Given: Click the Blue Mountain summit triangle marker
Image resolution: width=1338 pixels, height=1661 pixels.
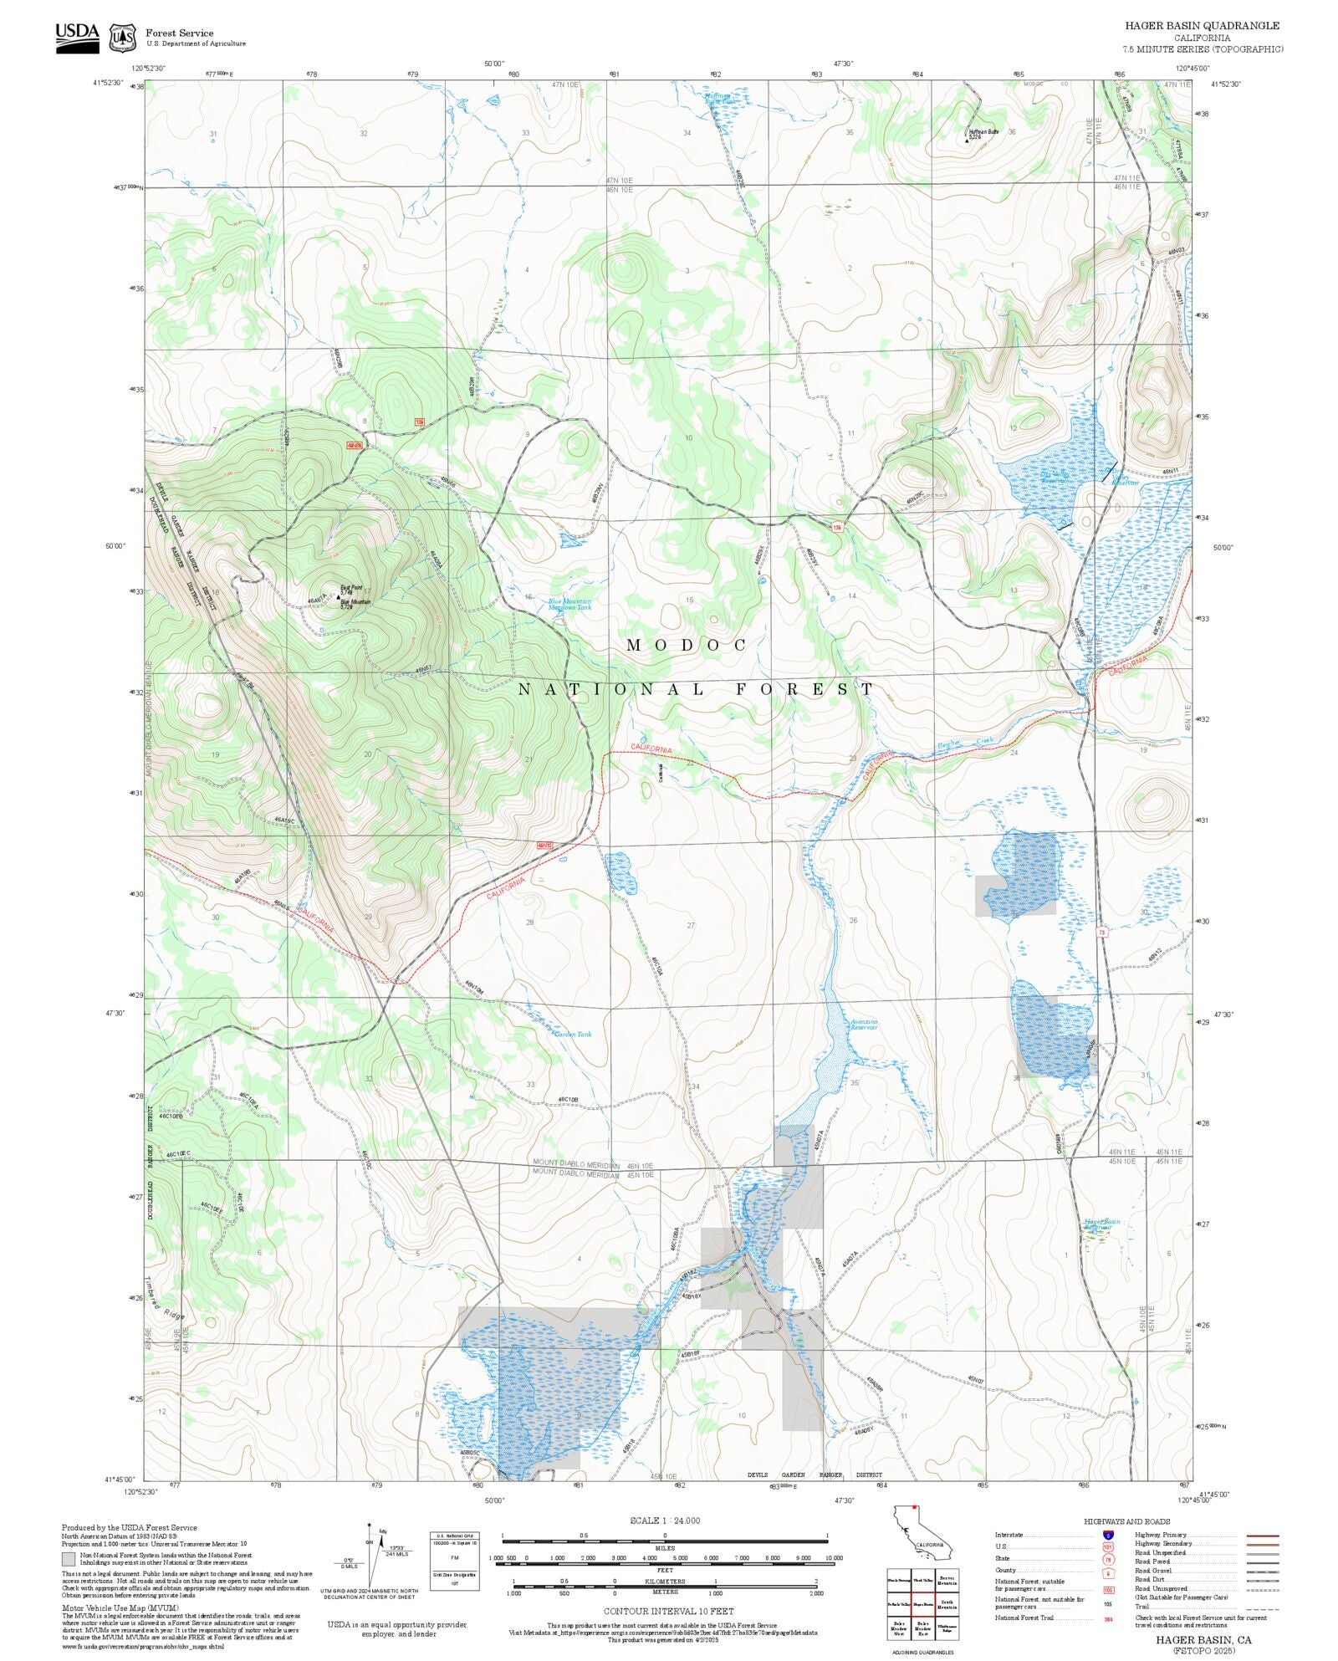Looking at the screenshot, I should [x=339, y=597].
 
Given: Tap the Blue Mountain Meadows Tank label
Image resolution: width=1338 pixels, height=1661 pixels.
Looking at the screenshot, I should [x=569, y=604].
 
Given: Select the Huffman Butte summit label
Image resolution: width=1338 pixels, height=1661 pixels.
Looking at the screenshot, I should [x=983, y=132].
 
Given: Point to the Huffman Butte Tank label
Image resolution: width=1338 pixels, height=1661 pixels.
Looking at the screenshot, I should [x=718, y=99].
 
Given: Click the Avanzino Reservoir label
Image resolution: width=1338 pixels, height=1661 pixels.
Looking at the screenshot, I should [x=864, y=1025].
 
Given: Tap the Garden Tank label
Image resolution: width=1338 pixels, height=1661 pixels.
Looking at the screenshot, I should [x=573, y=1035].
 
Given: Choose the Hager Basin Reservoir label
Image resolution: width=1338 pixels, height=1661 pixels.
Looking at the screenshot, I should [x=1101, y=1224].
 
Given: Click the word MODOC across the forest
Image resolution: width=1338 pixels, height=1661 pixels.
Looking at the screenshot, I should [x=687, y=645].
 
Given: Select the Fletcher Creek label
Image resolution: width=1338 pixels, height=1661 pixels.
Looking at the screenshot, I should [x=964, y=743].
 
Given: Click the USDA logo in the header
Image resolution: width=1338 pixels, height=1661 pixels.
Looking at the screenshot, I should [x=77, y=38].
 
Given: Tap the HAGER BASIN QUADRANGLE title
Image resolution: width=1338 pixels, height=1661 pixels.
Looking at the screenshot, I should [x=1202, y=26].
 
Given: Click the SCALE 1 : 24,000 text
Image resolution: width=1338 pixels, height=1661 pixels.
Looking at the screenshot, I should [x=665, y=1520].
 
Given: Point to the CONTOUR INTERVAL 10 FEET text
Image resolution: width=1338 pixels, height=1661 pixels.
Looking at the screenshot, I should [x=668, y=1611].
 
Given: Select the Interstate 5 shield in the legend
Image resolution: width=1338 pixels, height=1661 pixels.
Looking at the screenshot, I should [x=1108, y=1536].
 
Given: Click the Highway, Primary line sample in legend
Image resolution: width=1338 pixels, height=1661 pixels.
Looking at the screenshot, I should [x=1263, y=1536].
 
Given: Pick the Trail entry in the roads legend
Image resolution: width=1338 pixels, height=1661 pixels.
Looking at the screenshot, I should [x=1142, y=1607].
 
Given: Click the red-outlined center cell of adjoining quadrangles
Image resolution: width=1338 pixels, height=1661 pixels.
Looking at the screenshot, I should [x=922, y=1605].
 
